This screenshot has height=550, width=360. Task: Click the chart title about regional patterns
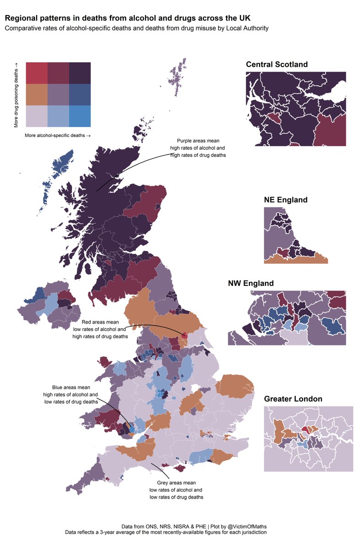[127, 18]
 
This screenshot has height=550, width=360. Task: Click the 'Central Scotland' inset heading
[277, 65]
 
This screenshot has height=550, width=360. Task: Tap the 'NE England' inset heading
[286, 200]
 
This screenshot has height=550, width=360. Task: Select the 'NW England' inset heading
[251, 283]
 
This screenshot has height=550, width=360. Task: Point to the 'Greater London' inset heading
[293, 399]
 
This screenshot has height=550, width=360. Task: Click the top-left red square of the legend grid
[37, 72]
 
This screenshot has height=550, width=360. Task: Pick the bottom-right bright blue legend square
[80, 116]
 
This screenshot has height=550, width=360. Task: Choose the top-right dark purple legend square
[80, 72]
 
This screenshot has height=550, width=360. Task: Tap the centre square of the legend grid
[58, 94]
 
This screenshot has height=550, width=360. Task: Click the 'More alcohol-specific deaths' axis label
[57, 136]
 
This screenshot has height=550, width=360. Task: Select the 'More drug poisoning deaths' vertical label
[16, 94]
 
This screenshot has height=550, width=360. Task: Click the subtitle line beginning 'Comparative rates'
[136, 28]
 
